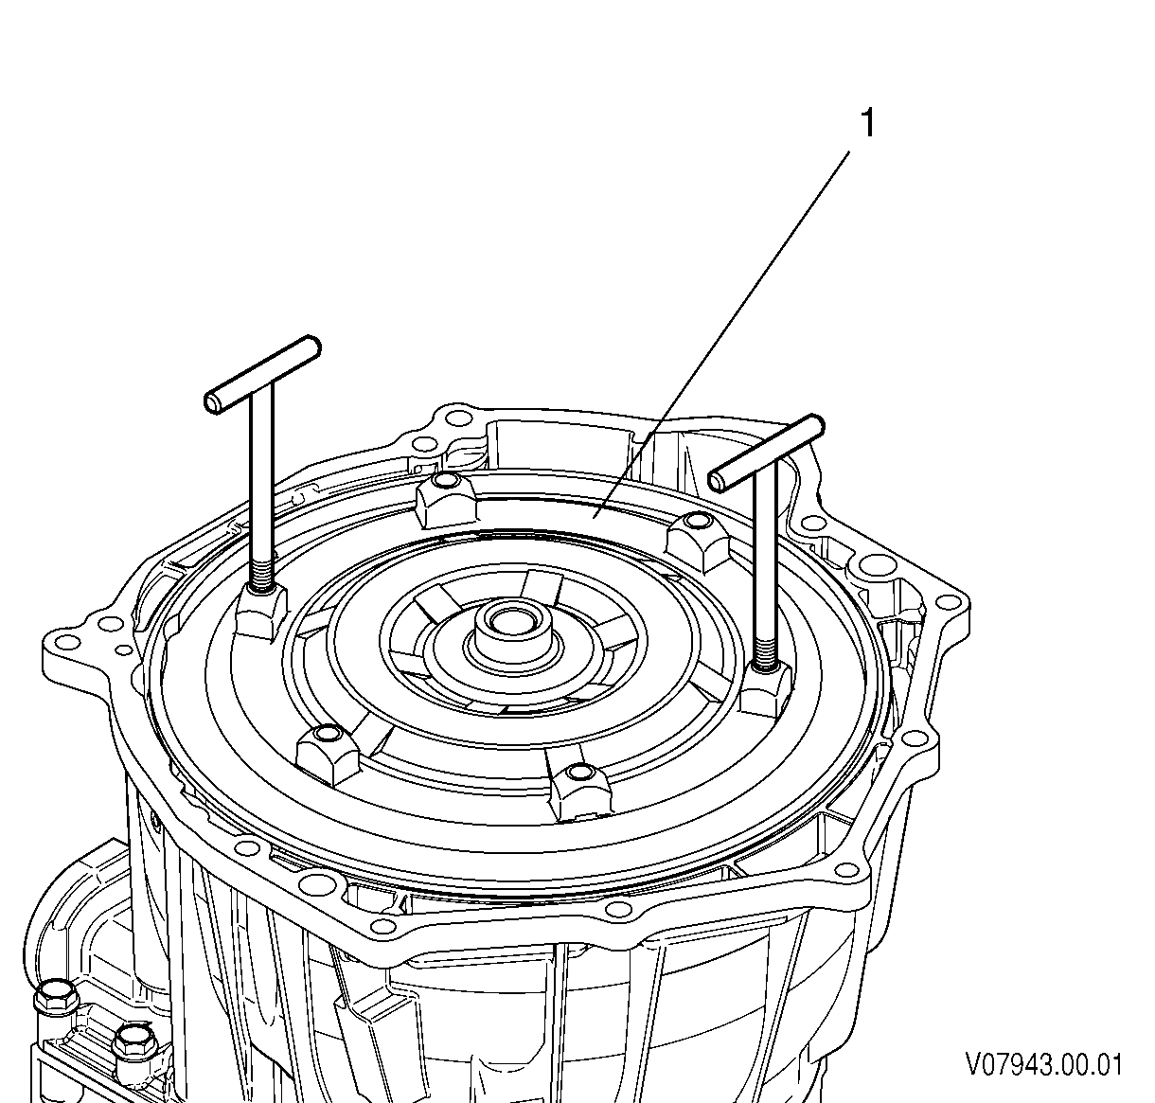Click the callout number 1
tap(868, 123)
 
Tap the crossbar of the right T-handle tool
tap(767, 454)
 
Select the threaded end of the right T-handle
tap(766, 649)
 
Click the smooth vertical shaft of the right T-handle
tap(766, 546)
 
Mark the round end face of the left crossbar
tap(212, 403)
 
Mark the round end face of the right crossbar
tap(717, 482)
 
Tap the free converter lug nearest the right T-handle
tap(698, 537)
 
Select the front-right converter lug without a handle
tap(580, 791)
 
